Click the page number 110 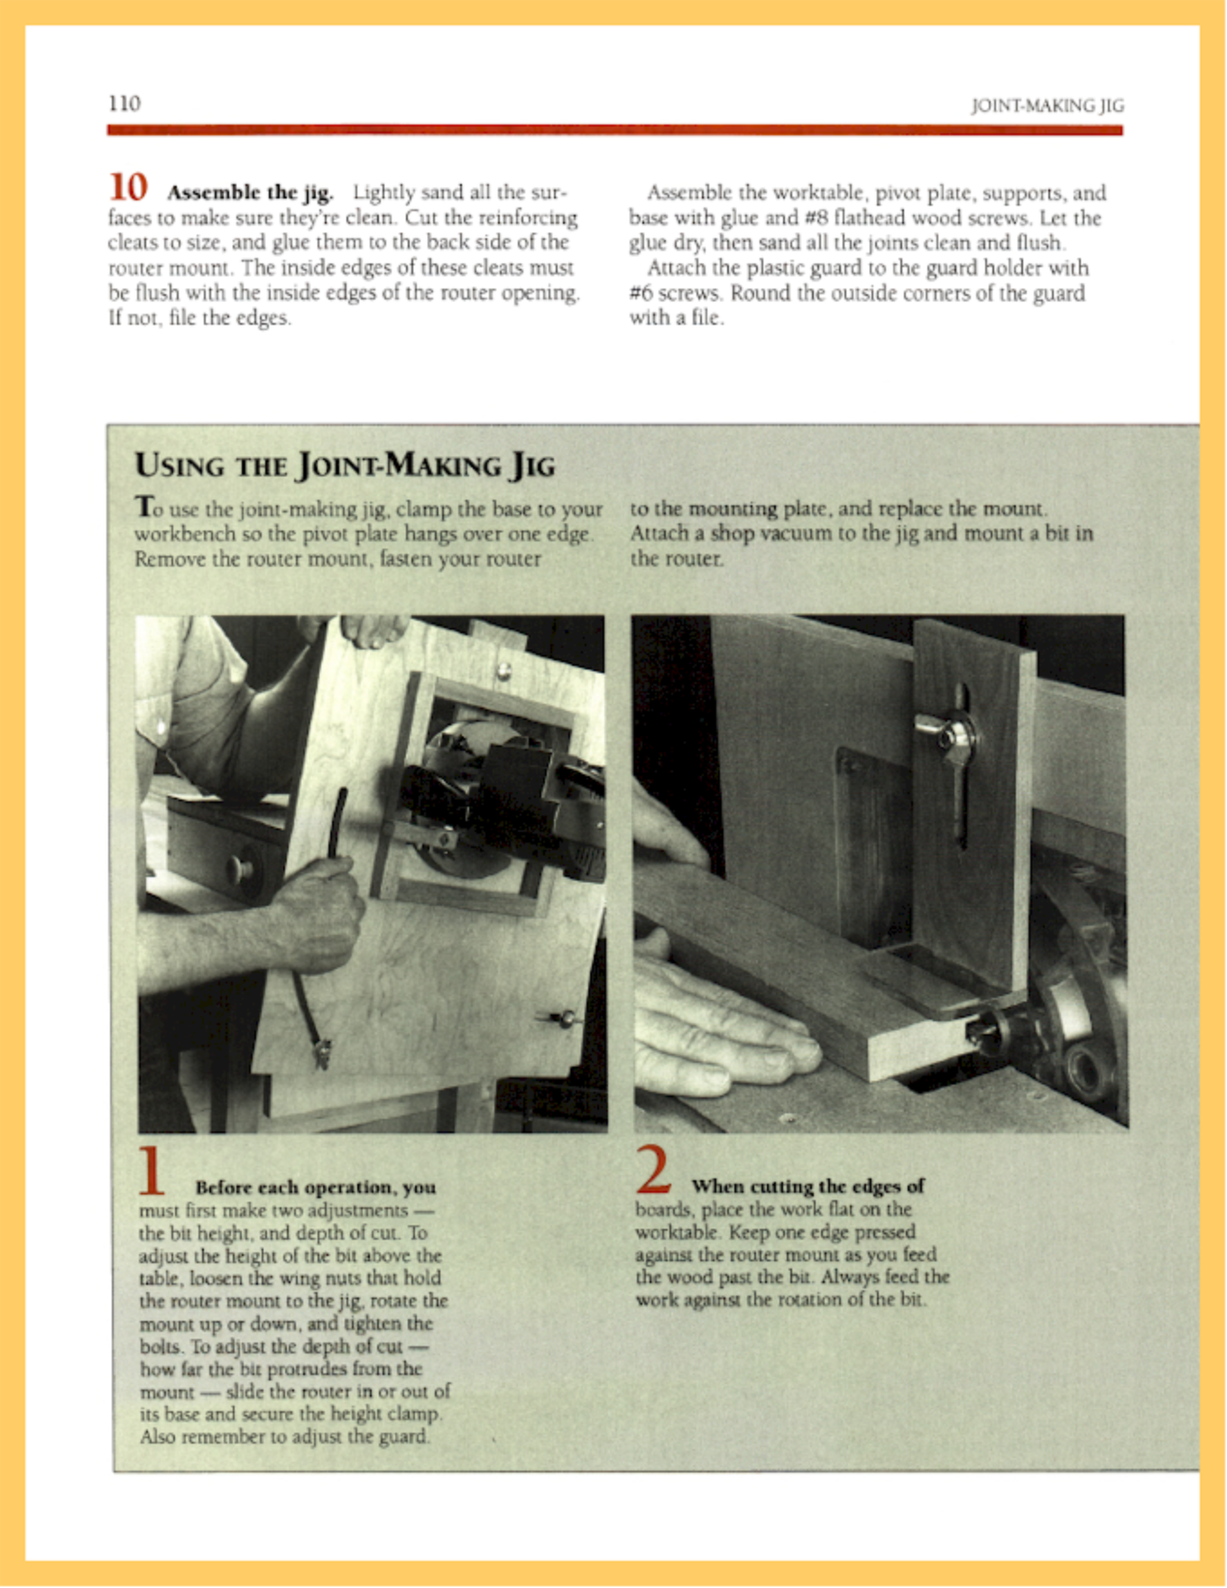(x=124, y=103)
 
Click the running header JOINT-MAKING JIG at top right (x=1047, y=106)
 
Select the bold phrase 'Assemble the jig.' (x=250, y=192)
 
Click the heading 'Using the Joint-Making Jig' (x=345, y=466)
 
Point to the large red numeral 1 (x=152, y=1170)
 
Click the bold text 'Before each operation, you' (x=315, y=1187)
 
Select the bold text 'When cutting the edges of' (x=807, y=1186)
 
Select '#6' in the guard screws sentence (x=641, y=293)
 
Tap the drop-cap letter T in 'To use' (x=143, y=507)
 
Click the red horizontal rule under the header (x=614, y=130)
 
